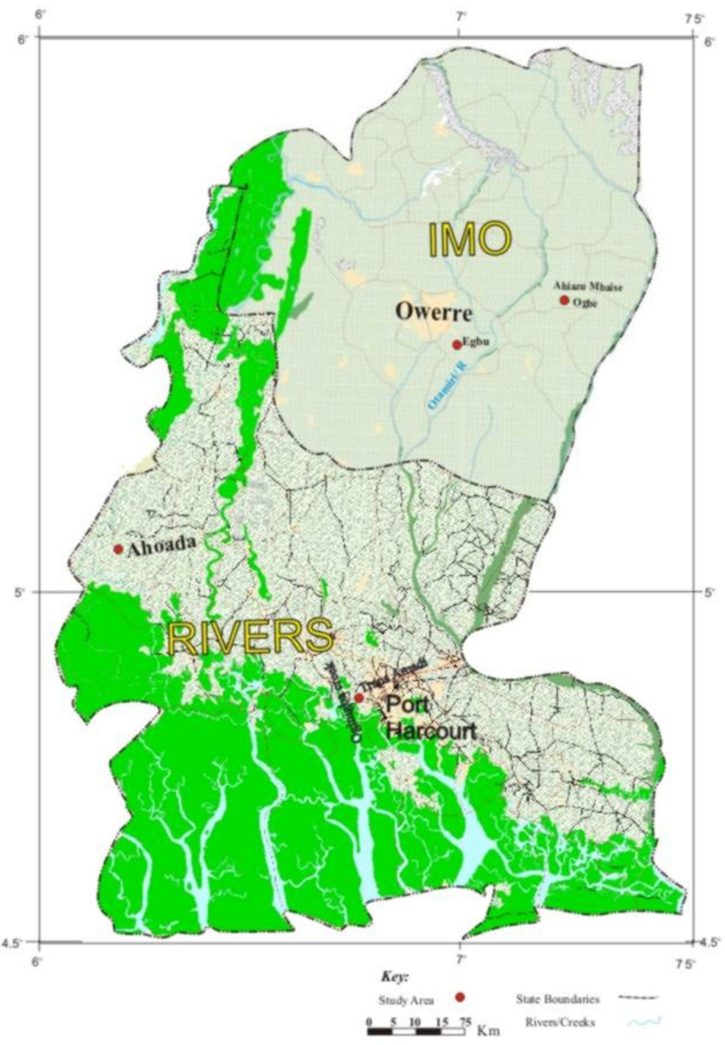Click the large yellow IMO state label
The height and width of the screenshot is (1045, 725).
point(470,239)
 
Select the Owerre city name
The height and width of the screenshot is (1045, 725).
point(434,312)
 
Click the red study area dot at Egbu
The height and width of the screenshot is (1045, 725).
point(457,345)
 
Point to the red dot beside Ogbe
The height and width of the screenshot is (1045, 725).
point(564,301)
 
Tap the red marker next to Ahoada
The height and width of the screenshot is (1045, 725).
point(118,549)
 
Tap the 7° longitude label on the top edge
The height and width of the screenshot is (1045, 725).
point(461,17)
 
